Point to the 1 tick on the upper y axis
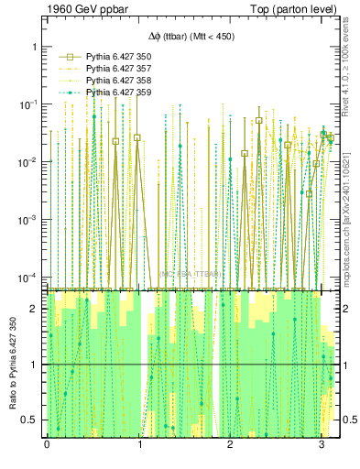36,46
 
